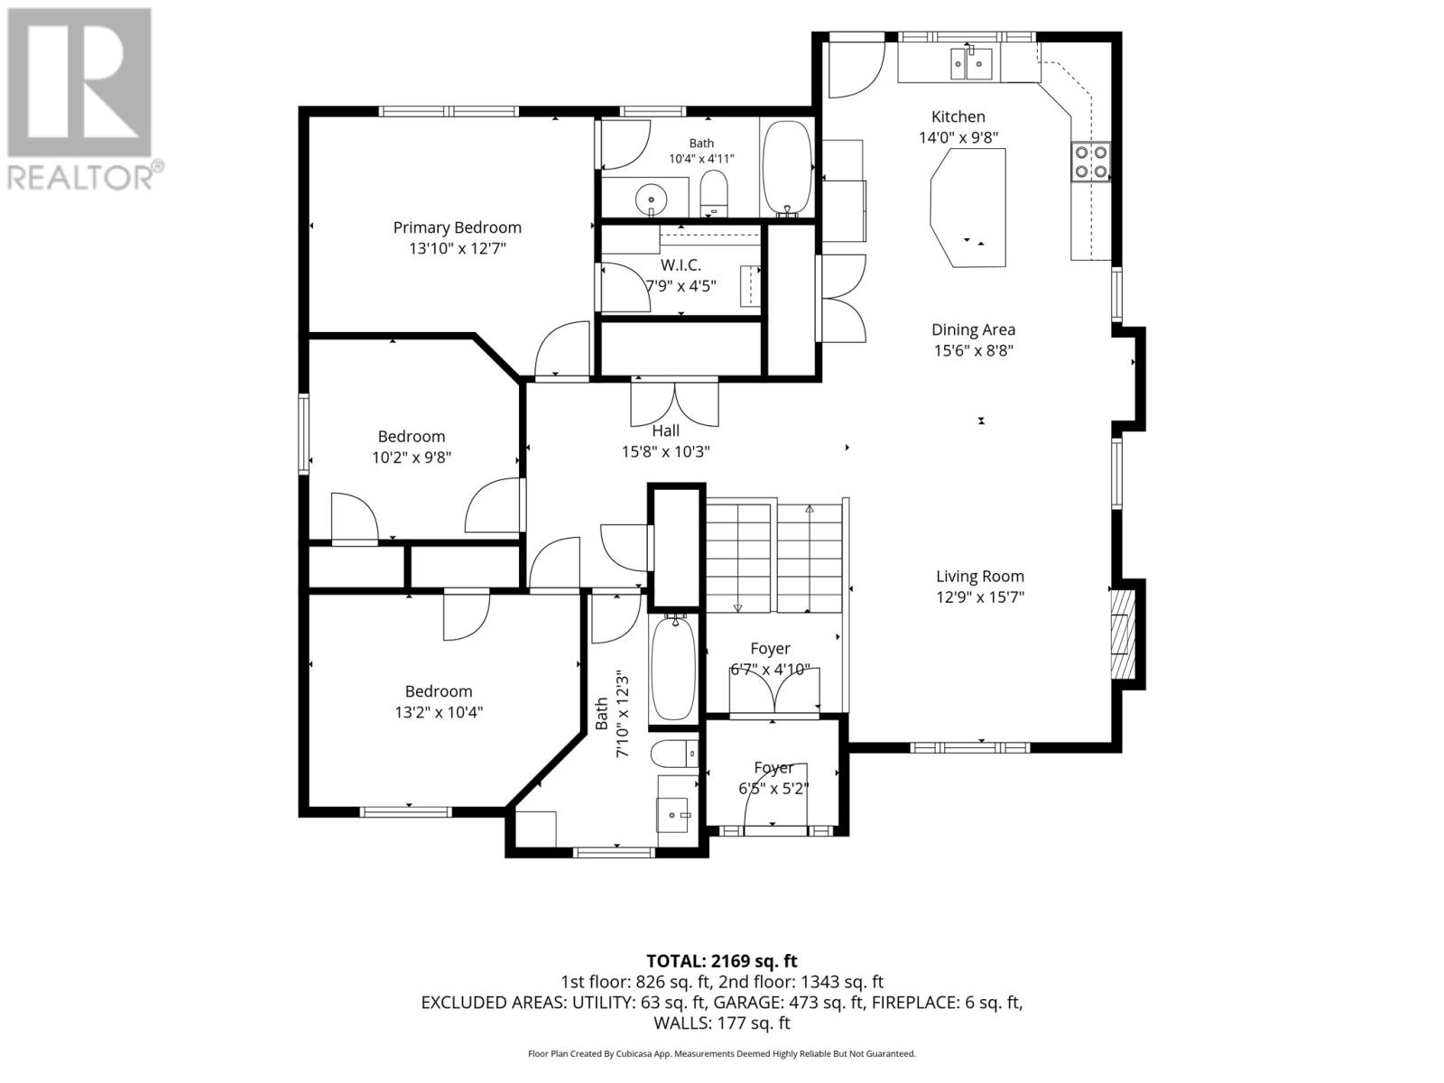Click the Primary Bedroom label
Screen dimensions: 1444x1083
coord(458,227)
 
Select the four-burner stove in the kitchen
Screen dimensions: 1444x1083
coord(1091,162)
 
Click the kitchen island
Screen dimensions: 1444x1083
coord(967,208)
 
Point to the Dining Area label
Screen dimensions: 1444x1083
coord(973,329)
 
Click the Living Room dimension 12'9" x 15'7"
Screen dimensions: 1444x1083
coord(980,597)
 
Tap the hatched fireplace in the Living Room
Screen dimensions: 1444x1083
coord(1123,634)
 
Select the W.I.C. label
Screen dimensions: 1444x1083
coord(680,265)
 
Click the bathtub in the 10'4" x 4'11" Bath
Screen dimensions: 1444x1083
coord(787,168)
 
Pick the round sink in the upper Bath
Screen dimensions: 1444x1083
coord(652,199)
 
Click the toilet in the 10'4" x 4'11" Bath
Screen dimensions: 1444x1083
coord(713,194)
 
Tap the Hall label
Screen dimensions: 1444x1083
coord(666,430)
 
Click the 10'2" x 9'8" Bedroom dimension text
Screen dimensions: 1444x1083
coord(412,457)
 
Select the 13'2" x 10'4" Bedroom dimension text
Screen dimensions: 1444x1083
coord(439,712)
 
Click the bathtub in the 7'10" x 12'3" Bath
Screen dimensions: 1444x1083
coord(672,668)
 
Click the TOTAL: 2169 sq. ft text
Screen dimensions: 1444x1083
coord(722,961)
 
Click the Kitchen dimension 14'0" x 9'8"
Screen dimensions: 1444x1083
coord(958,137)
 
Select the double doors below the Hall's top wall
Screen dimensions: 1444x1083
coord(674,404)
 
